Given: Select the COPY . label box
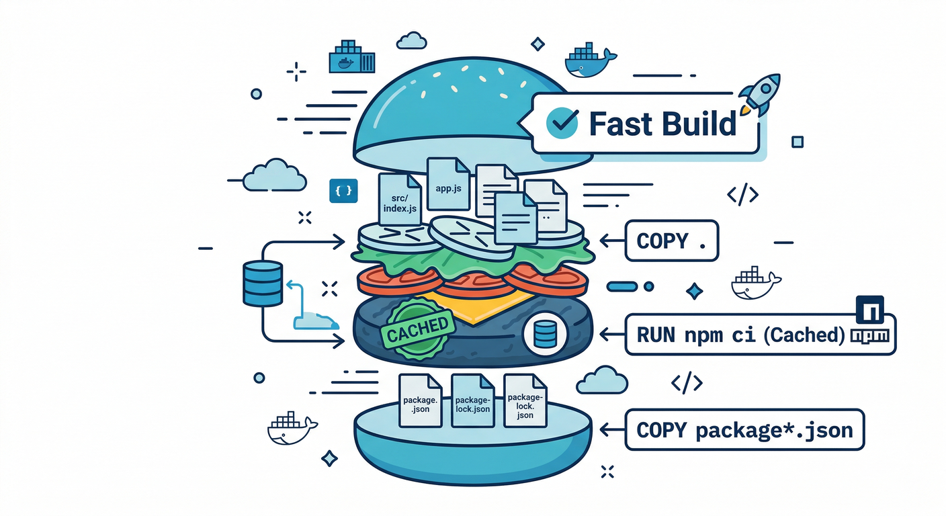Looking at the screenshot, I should (x=671, y=241).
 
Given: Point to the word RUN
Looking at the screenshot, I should (x=655, y=334).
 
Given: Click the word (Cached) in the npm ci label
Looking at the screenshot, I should (x=804, y=334).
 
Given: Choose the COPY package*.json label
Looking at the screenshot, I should (x=744, y=429).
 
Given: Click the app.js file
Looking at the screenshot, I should (x=448, y=187).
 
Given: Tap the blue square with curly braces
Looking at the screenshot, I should (x=343, y=191).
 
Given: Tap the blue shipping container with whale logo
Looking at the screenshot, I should (x=351, y=59).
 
